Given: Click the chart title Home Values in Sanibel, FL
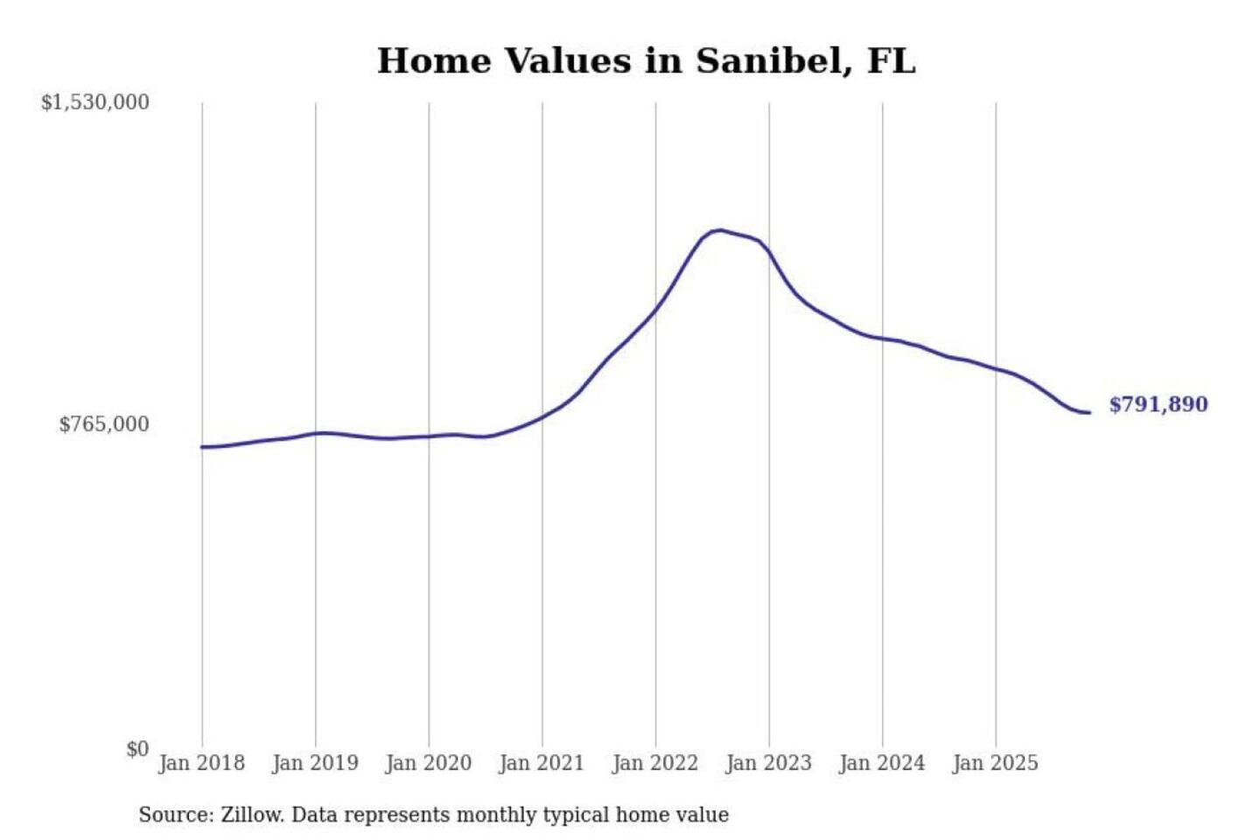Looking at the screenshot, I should [x=646, y=61].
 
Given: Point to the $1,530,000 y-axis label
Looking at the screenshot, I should [x=95, y=102].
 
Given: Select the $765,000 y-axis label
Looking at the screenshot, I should [x=104, y=424].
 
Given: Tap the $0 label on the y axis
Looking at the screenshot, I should [x=137, y=749].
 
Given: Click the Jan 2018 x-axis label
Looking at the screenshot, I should [x=201, y=763].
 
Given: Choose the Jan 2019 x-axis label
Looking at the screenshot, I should [x=315, y=763].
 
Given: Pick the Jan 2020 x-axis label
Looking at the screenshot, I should [x=428, y=763].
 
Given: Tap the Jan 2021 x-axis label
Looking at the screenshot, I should [x=542, y=763].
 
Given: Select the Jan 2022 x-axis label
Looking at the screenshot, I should [x=655, y=763].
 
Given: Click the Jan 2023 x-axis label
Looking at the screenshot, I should [x=768, y=763].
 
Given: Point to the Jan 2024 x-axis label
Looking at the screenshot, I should [x=882, y=763].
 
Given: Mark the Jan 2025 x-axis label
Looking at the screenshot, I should [x=995, y=763].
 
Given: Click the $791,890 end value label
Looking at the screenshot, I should [x=1158, y=404].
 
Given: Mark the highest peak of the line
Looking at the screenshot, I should [x=719, y=230].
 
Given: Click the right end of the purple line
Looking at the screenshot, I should [x=1089, y=412].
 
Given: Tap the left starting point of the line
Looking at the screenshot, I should [x=202, y=447].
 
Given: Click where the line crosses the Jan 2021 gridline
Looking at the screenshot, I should [x=542, y=416].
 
